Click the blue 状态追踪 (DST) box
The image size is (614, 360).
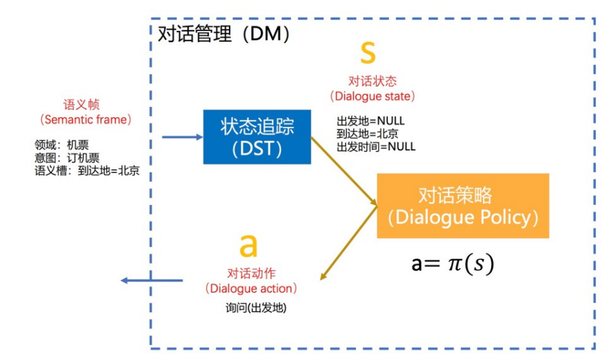pyautogui.click(x=257, y=136)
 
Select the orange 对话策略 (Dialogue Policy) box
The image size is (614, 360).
pyautogui.click(x=462, y=206)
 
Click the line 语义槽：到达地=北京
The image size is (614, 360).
pyautogui.click(x=87, y=171)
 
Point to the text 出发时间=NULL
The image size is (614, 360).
pyautogui.click(x=376, y=146)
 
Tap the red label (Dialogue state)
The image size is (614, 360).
pyautogui.click(x=372, y=97)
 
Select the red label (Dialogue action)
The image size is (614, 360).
pyautogui.click(x=251, y=288)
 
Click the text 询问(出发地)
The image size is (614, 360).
pyautogui.click(x=251, y=308)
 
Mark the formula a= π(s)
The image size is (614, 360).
pyautogui.click(x=452, y=263)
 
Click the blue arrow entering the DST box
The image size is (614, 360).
pyautogui.click(x=182, y=137)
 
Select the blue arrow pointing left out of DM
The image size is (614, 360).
pyautogui.click(x=151, y=279)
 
